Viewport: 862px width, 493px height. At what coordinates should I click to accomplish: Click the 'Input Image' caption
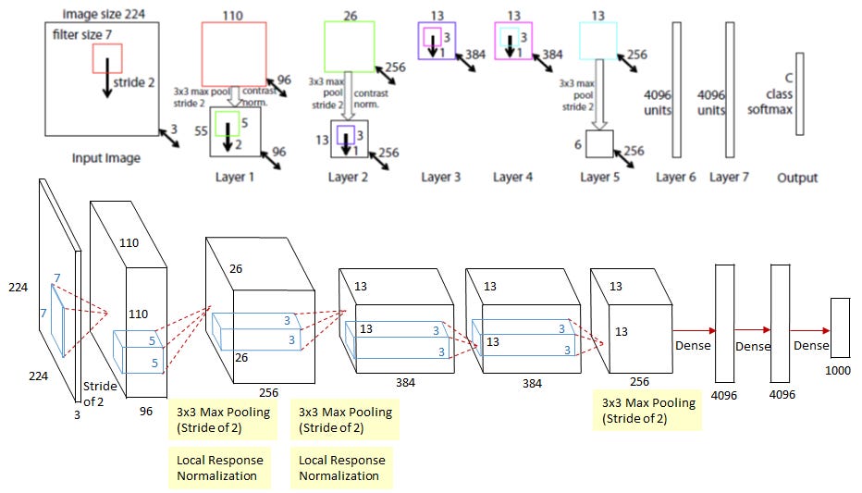[x=106, y=158]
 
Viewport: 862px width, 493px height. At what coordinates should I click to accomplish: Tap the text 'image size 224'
[x=102, y=14]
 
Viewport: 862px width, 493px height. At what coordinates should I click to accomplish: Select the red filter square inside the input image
[x=107, y=58]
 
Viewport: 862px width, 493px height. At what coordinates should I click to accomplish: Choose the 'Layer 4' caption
[x=515, y=176]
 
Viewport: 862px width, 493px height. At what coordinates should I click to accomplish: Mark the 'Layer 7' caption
[x=730, y=177]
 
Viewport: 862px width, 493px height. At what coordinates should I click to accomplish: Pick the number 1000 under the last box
[x=838, y=370]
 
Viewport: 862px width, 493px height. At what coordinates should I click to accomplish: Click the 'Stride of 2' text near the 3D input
[x=98, y=392]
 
